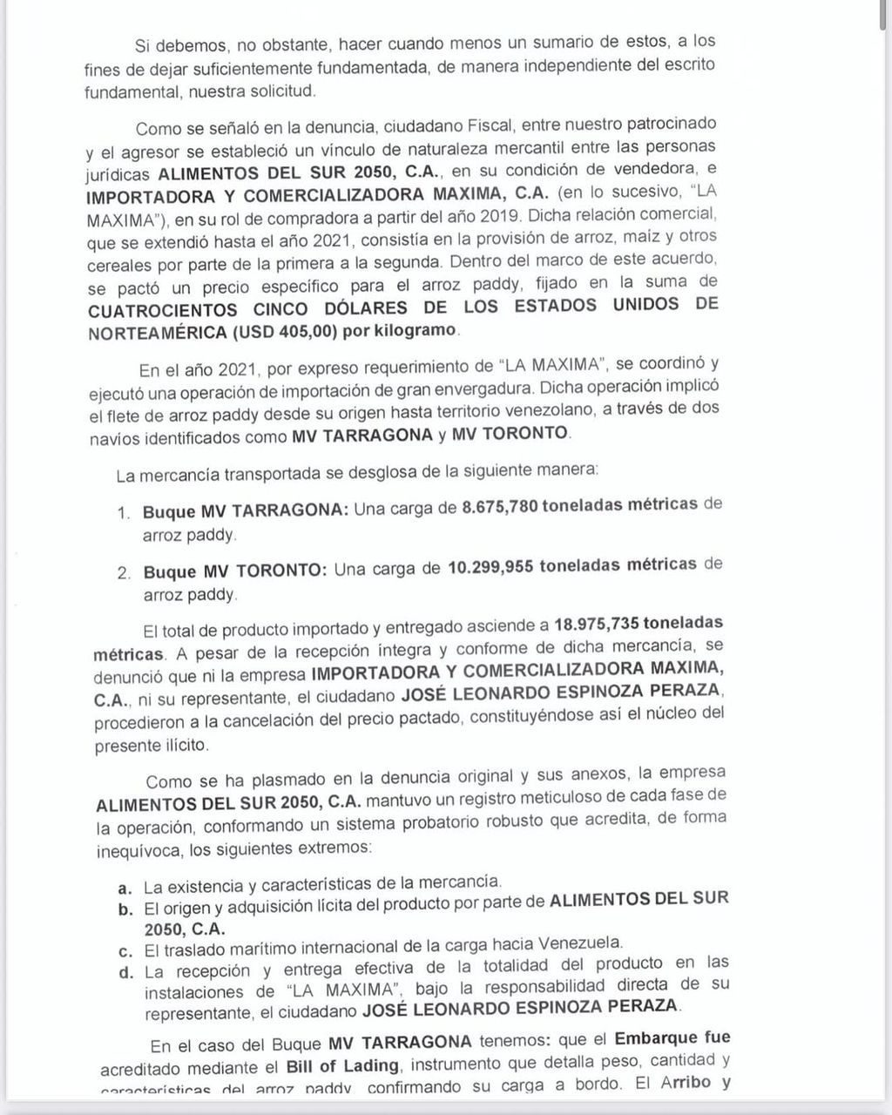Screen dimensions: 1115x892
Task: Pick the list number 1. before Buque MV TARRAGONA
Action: pyautogui.click(x=124, y=512)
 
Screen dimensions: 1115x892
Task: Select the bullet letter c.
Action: pyautogui.click(x=125, y=943)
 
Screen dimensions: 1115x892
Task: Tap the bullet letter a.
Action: pyautogui.click(x=125, y=888)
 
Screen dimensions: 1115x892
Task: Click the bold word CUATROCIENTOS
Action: pyautogui.click(x=163, y=309)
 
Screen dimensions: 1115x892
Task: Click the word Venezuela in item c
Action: pyautogui.click(x=581, y=942)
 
